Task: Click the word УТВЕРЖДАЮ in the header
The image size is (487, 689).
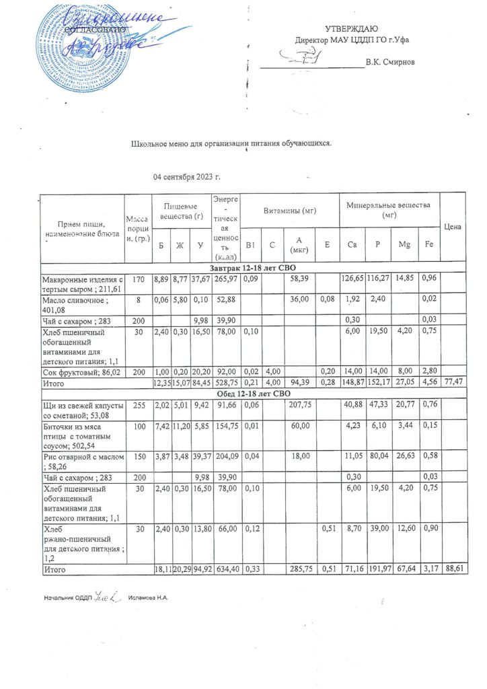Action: [351, 28]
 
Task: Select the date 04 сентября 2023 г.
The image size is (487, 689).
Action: [188, 177]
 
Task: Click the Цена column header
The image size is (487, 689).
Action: [453, 227]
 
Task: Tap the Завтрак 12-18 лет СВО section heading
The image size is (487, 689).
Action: [252, 268]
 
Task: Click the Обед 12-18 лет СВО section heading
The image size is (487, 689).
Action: [252, 393]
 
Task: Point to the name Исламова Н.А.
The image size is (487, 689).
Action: [149, 597]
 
